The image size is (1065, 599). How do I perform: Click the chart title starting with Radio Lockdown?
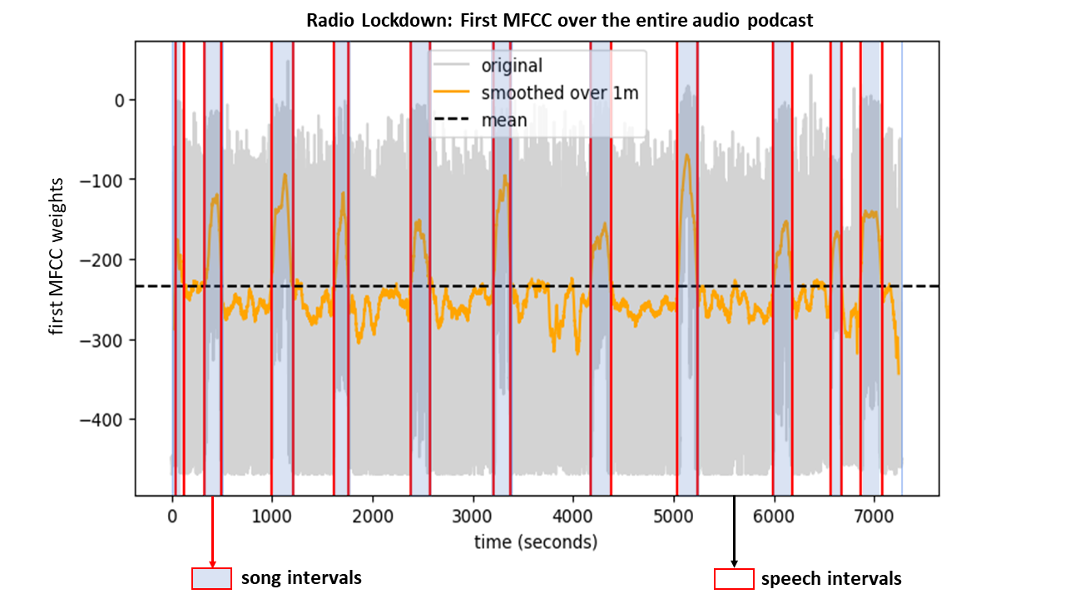click(559, 21)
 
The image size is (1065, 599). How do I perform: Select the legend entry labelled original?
click(511, 66)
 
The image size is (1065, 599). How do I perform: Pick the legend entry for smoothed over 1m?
click(559, 92)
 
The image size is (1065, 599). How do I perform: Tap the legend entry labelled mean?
click(504, 120)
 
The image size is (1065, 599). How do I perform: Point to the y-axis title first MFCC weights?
click(57, 268)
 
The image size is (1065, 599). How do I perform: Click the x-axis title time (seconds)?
click(536, 542)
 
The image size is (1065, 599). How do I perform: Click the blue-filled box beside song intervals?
click(211, 578)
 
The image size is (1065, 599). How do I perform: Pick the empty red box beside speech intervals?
click(734, 578)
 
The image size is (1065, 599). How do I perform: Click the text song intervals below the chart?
click(301, 577)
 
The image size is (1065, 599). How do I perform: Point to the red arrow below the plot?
click(212, 532)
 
